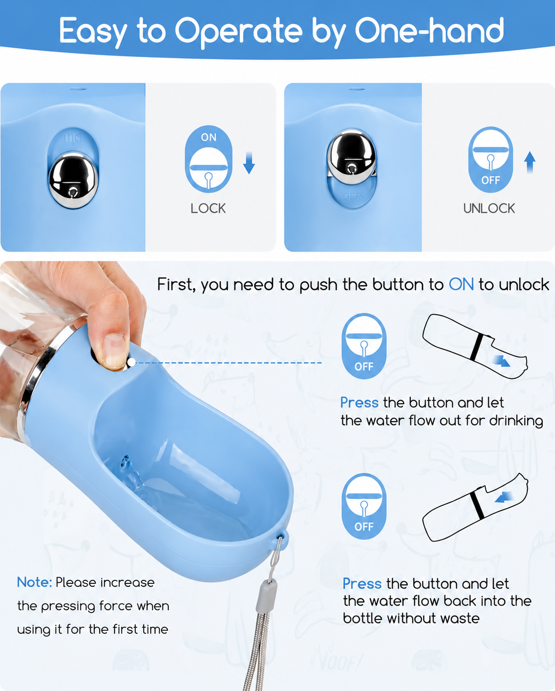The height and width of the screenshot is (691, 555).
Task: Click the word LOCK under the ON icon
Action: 208,209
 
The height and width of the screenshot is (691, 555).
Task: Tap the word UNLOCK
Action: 489,209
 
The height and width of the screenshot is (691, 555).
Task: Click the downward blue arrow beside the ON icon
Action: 249,163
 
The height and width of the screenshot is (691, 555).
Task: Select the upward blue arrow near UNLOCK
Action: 530,163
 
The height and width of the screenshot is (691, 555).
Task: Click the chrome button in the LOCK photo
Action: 73,180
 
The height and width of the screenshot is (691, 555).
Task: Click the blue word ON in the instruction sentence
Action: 461,285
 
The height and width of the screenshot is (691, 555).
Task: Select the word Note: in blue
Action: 35,582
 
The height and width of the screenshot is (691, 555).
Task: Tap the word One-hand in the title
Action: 429,31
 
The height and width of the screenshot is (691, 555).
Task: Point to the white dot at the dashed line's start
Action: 131,363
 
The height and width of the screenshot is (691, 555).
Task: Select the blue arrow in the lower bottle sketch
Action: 504,497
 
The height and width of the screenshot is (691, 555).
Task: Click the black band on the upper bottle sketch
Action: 477,346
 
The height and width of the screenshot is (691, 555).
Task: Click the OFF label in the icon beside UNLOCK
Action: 490,180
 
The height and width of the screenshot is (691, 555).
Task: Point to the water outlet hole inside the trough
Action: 125,462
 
